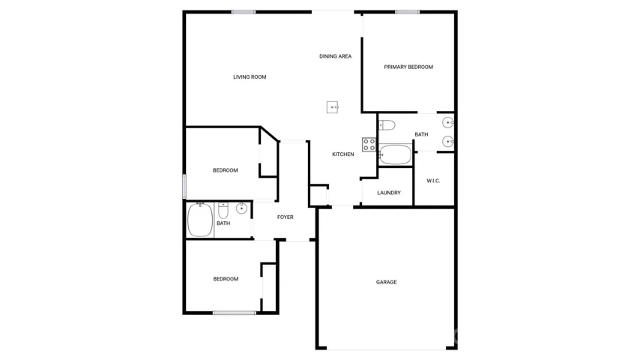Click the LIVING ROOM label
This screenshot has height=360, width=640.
(x=250, y=76)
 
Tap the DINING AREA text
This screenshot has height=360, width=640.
(x=335, y=56)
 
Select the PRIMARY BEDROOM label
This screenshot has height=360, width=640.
(x=408, y=67)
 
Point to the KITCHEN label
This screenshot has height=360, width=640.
(x=343, y=154)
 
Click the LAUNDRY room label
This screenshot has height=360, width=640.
(x=388, y=193)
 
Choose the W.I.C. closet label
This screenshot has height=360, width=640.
(x=433, y=181)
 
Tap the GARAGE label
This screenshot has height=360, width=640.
(x=386, y=282)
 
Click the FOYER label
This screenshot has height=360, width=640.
(x=285, y=217)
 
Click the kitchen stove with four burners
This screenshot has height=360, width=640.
(x=369, y=145)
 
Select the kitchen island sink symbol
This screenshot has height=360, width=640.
(x=333, y=107)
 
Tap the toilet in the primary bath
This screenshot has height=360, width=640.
(x=387, y=125)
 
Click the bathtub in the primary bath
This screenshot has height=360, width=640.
(x=395, y=154)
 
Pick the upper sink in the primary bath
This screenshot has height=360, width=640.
(x=447, y=122)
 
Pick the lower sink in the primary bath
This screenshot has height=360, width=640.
(x=447, y=142)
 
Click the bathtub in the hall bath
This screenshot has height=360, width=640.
(x=200, y=220)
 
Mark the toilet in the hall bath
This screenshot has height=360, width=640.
(x=223, y=211)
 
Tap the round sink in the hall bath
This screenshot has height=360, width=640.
(x=241, y=208)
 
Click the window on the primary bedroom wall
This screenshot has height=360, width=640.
(x=407, y=12)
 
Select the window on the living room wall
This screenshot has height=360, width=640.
(x=244, y=12)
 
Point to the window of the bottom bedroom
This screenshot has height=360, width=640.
(x=235, y=313)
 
